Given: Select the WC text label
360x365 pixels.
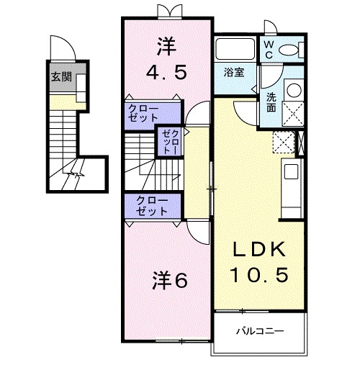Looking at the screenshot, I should (268, 48).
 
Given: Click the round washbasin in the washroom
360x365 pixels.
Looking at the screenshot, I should (293, 90).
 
